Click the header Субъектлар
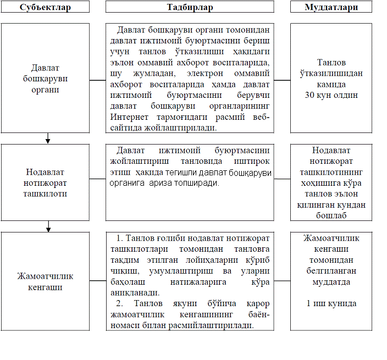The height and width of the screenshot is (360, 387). pyautogui.click(x=46, y=7)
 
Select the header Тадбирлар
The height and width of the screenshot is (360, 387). pyautogui.click(x=190, y=7)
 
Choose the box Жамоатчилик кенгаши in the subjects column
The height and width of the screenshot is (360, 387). pyautogui.click(x=46, y=281)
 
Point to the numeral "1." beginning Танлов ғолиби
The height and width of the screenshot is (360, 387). pyautogui.click(x=120, y=238)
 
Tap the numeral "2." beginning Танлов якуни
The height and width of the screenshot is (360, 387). pyautogui.click(x=120, y=303)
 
